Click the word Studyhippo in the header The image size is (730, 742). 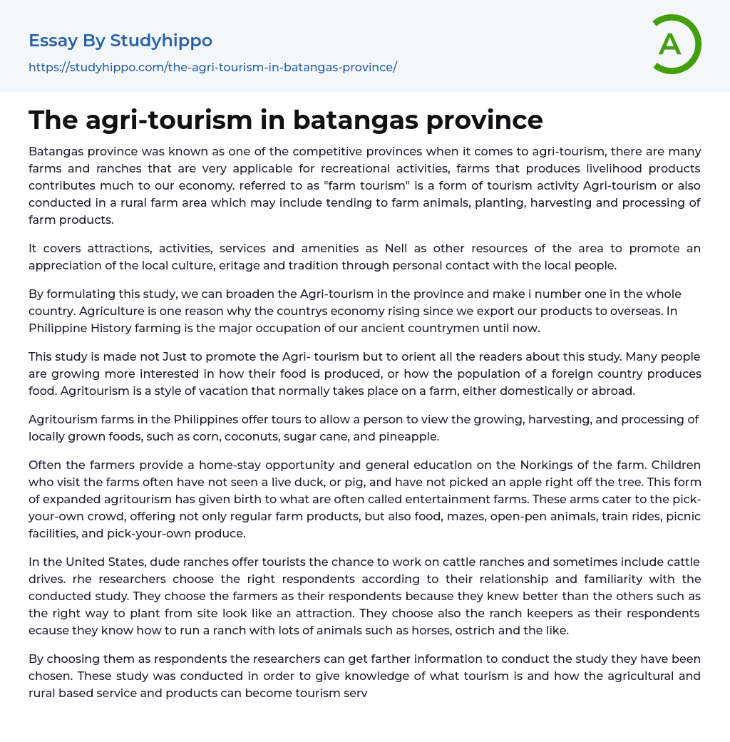pos(161,41)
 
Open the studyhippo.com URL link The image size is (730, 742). pos(212,67)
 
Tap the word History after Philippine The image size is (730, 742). pos(113,328)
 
